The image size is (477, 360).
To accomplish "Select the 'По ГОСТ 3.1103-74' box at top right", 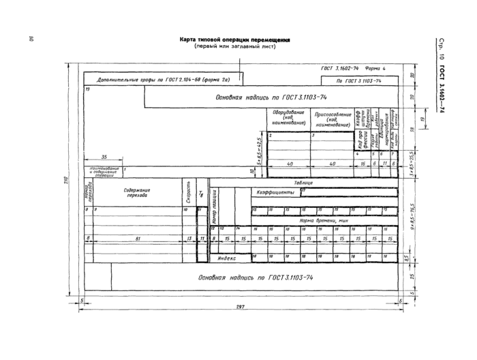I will click(x=359, y=80).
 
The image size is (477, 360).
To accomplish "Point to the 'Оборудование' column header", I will click(x=283, y=117).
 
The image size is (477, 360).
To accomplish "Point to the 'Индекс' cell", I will click(x=227, y=258).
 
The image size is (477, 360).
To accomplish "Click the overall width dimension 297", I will click(x=240, y=306).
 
